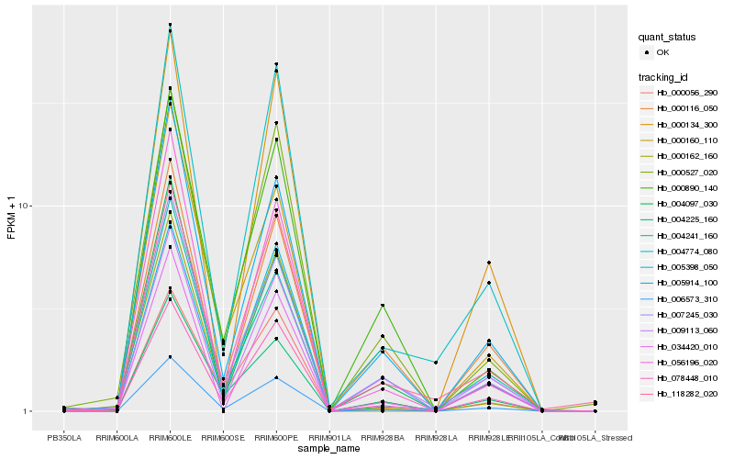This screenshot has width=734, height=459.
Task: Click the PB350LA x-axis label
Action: click(x=64, y=438)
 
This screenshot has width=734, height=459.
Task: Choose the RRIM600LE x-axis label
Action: click(x=171, y=438)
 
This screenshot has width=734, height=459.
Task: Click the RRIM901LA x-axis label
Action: click(x=329, y=438)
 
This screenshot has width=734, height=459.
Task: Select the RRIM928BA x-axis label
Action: click(x=383, y=438)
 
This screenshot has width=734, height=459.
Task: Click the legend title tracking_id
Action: click(x=665, y=76)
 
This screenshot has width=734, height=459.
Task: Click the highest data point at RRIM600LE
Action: click(x=171, y=25)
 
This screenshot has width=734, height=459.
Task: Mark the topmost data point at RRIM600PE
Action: click(x=277, y=64)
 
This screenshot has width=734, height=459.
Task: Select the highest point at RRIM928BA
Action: click(x=383, y=305)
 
